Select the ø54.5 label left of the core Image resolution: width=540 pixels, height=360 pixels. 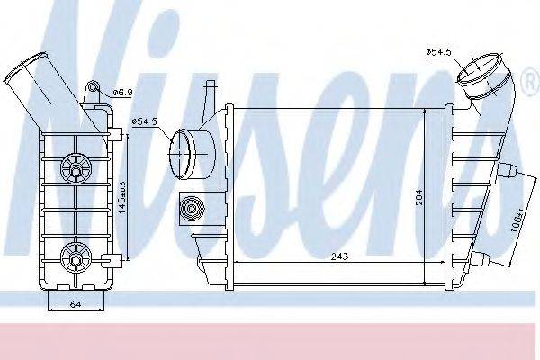[145, 121]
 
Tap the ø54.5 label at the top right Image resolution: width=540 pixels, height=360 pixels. [438, 53]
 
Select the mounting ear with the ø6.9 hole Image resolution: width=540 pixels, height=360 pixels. [93, 92]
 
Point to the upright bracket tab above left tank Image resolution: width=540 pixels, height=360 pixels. [208, 94]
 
